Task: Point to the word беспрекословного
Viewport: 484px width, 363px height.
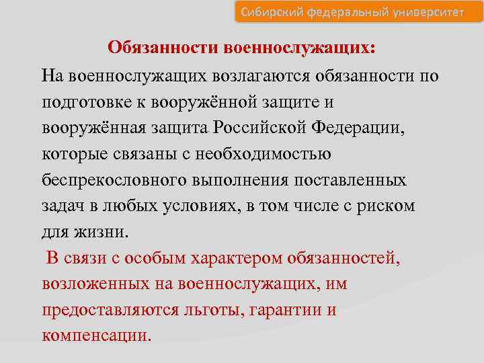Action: point(106,180)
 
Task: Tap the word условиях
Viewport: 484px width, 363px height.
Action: point(199,206)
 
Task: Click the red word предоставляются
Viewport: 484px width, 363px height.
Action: point(110,311)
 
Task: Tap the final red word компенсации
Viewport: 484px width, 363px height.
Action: point(97,336)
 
